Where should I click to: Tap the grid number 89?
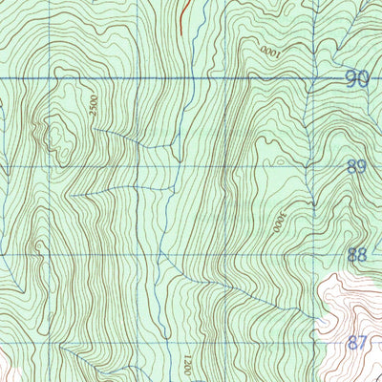point(357,167)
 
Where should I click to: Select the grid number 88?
point(357,255)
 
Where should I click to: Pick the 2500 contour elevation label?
point(94,107)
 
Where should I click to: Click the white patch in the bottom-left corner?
point(5,368)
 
